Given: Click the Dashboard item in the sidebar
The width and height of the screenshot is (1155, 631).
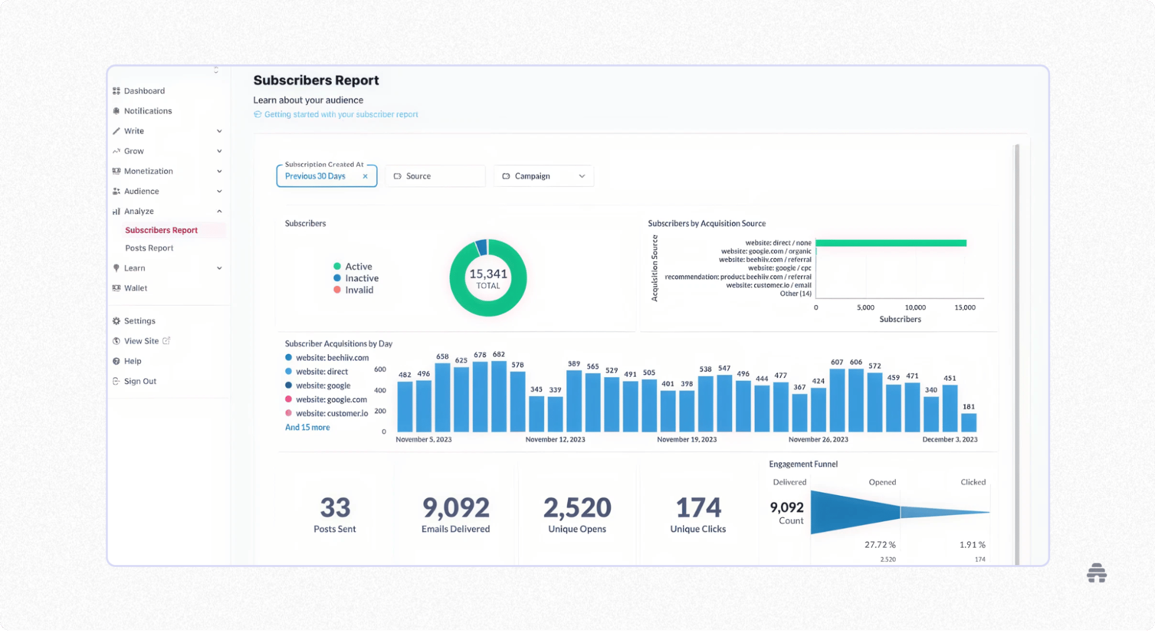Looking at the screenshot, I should [x=144, y=91].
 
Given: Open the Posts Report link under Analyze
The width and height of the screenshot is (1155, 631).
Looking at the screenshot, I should [x=149, y=248].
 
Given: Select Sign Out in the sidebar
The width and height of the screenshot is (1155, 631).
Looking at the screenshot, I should [x=140, y=381].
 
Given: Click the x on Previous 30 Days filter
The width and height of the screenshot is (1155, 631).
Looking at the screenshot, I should [x=365, y=176].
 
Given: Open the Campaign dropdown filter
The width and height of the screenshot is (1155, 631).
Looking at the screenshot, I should [x=543, y=176].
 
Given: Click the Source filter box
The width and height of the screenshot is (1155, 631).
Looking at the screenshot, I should [x=434, y=176].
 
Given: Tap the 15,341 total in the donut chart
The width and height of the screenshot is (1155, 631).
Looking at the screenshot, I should [x=488, y=274].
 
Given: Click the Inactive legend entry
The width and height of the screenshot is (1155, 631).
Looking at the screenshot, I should [x=361, y=278].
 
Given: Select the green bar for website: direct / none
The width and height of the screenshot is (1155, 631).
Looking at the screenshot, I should [x=890, y=243].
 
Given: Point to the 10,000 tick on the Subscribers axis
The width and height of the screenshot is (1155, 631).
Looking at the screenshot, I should [x=915, y=307].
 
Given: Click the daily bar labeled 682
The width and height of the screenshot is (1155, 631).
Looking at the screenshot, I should [x=499, y=396].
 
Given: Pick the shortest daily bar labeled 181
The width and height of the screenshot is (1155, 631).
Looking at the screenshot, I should [x=969, y=422].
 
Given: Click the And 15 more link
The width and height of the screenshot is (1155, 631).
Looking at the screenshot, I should [x=307, y=428].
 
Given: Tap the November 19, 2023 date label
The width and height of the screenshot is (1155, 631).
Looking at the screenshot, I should [x=686, y=440].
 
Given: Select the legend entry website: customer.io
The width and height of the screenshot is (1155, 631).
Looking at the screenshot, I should [x=332, y=413].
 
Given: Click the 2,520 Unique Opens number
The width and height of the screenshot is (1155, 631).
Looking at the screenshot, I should [x=577, y=508].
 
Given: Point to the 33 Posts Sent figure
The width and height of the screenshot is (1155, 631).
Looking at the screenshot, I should [x=335, y=508].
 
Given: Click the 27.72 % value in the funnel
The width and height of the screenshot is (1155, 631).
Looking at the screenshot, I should [x=880, y=545].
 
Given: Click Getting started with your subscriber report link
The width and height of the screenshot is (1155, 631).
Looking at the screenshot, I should [x=341, y=114].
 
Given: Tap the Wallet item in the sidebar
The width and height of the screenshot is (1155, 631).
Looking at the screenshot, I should [x=135, y=288].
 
